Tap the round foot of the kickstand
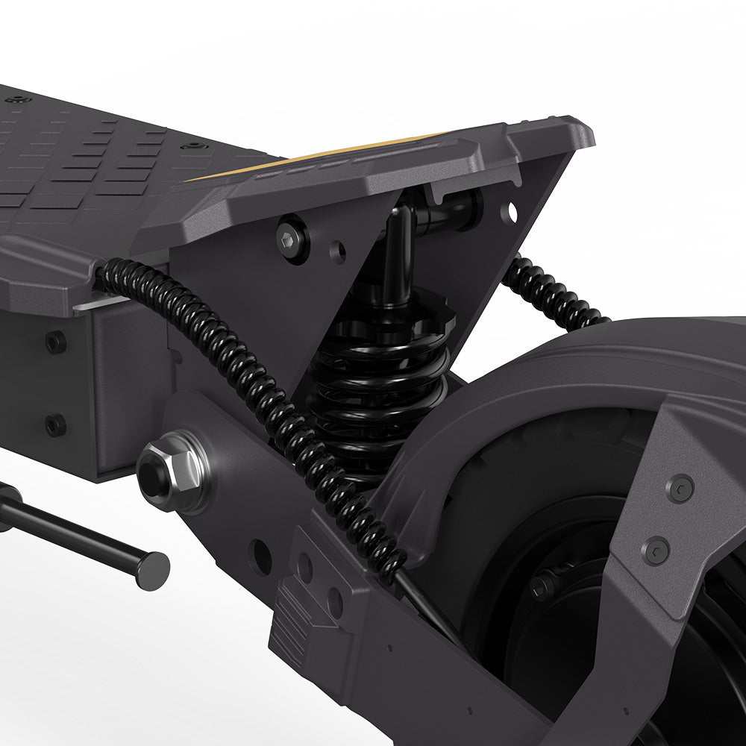pyautogui.click(x=153, y=571)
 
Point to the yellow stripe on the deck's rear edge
pyautogui.click(x=321, y=157)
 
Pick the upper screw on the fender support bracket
pyautogui.click(x=679, y=489)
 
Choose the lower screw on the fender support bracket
pyautogui.click(x=655, y=551)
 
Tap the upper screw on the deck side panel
pyautogui.click(x=55, y=342)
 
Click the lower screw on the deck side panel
pyautogui.click(x=55, y=425)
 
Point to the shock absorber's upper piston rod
pyautogui.click(x=397, y=254)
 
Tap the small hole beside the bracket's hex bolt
pyautogui.click(x=337, y=252)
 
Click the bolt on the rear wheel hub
pyautogui.click(x=542, y=586)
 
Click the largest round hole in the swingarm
pyautogui.click(x=261, y=557)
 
